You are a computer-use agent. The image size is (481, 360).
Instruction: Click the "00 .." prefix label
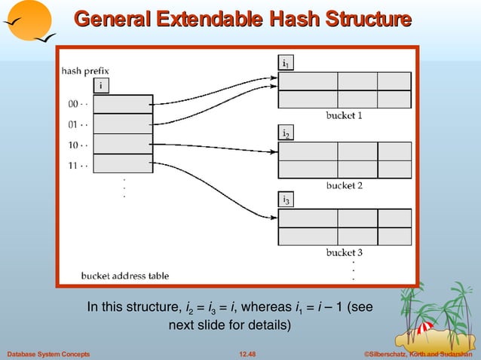point(78,104)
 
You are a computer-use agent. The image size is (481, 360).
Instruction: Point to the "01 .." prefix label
point(78,124)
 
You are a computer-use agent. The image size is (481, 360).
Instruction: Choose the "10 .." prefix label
point(78,144)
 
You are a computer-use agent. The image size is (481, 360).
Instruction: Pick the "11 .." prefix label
point(78,163)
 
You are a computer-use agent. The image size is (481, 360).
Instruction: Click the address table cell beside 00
point(124,104)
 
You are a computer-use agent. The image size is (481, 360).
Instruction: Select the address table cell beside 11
point(124,163)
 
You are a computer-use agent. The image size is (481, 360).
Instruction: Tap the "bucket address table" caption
point(125,276)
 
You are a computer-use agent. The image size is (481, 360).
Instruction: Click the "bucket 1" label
point(345,116)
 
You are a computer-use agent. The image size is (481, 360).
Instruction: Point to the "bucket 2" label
point(345,185)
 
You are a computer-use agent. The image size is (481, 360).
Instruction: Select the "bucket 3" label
point(345,252)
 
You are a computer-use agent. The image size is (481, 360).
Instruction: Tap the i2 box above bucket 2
point(286,134)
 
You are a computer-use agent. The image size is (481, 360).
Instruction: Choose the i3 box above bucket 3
point(286,200)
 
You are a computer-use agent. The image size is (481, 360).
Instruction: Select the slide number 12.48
point(247,353)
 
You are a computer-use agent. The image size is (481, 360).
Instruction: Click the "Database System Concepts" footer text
point(48,353)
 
